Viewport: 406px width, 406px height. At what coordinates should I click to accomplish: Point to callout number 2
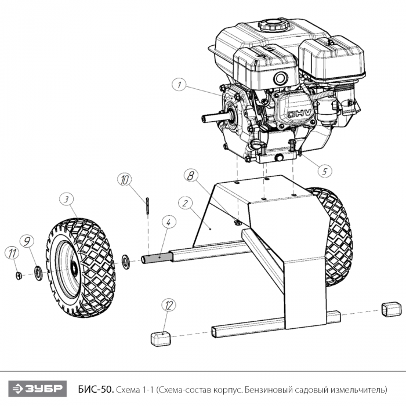pos(185,204)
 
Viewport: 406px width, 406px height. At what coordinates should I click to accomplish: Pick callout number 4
pos(168,222)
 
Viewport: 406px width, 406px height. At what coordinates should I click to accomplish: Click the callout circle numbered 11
pos(11,252)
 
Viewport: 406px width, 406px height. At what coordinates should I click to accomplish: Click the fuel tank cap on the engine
pos(270,25)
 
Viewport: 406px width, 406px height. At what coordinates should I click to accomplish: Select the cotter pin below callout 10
pos(147,205)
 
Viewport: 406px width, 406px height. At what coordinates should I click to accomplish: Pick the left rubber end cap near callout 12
pos(161,336)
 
